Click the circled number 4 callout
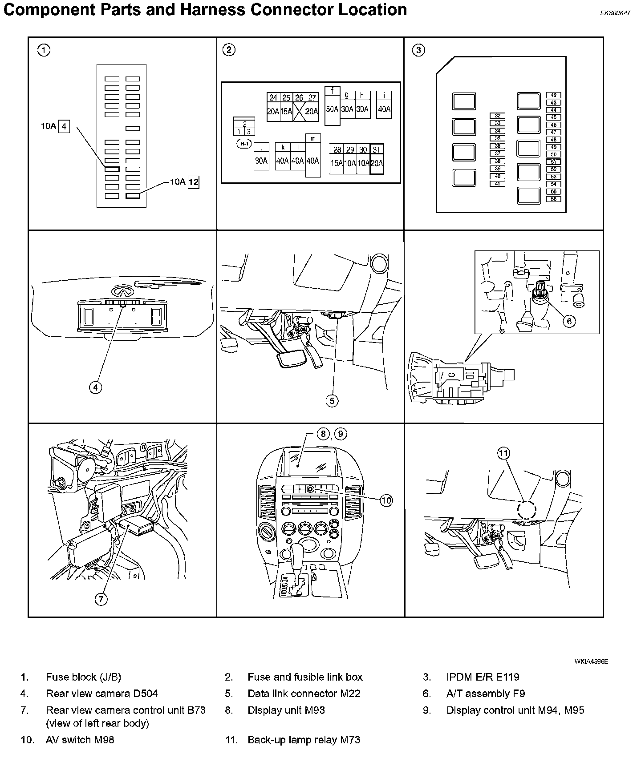coord(95,387)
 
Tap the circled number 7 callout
coord(101,599)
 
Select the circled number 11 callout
coord(503,453)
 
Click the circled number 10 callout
coord(386,500)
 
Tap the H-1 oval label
coord(244,144)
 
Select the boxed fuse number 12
coord(194,182)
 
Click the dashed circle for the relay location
coord(527,509)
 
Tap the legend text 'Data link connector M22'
coord(304,693)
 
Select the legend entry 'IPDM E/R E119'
coord(483,677)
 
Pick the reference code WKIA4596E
coord(591,661)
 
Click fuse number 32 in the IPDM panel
coord(497,116)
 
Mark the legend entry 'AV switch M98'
coord(80,740)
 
